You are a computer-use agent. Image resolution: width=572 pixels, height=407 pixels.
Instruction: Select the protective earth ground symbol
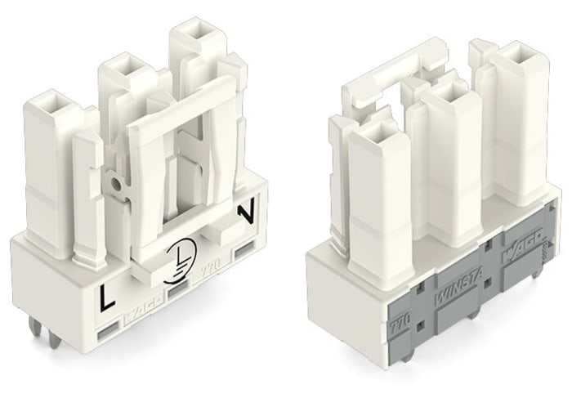pos(180,256)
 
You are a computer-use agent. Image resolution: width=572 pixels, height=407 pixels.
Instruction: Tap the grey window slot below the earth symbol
pos(181,291)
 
